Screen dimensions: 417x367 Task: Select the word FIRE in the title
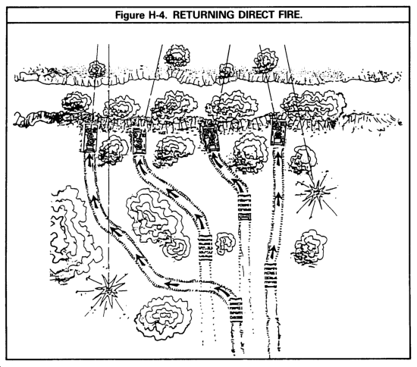[x=290, y=14]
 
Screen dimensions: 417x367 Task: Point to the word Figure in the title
[x=129, y=15]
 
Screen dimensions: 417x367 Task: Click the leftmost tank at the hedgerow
[x=89, y=138]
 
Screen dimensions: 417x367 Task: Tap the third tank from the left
[x=210, y=137]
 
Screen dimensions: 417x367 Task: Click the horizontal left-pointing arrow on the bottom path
[x=171, y=284]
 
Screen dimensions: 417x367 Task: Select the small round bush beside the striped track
[x=225, y=243]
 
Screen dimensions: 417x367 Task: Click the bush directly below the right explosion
[x=310, y=248]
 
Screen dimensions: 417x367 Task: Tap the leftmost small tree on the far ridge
[x=96, y=67]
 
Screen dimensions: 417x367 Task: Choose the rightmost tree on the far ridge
[x=266, y=61]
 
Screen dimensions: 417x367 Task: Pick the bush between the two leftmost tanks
[x=113, y=150]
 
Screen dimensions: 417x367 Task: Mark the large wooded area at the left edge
[x=74, y=234]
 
